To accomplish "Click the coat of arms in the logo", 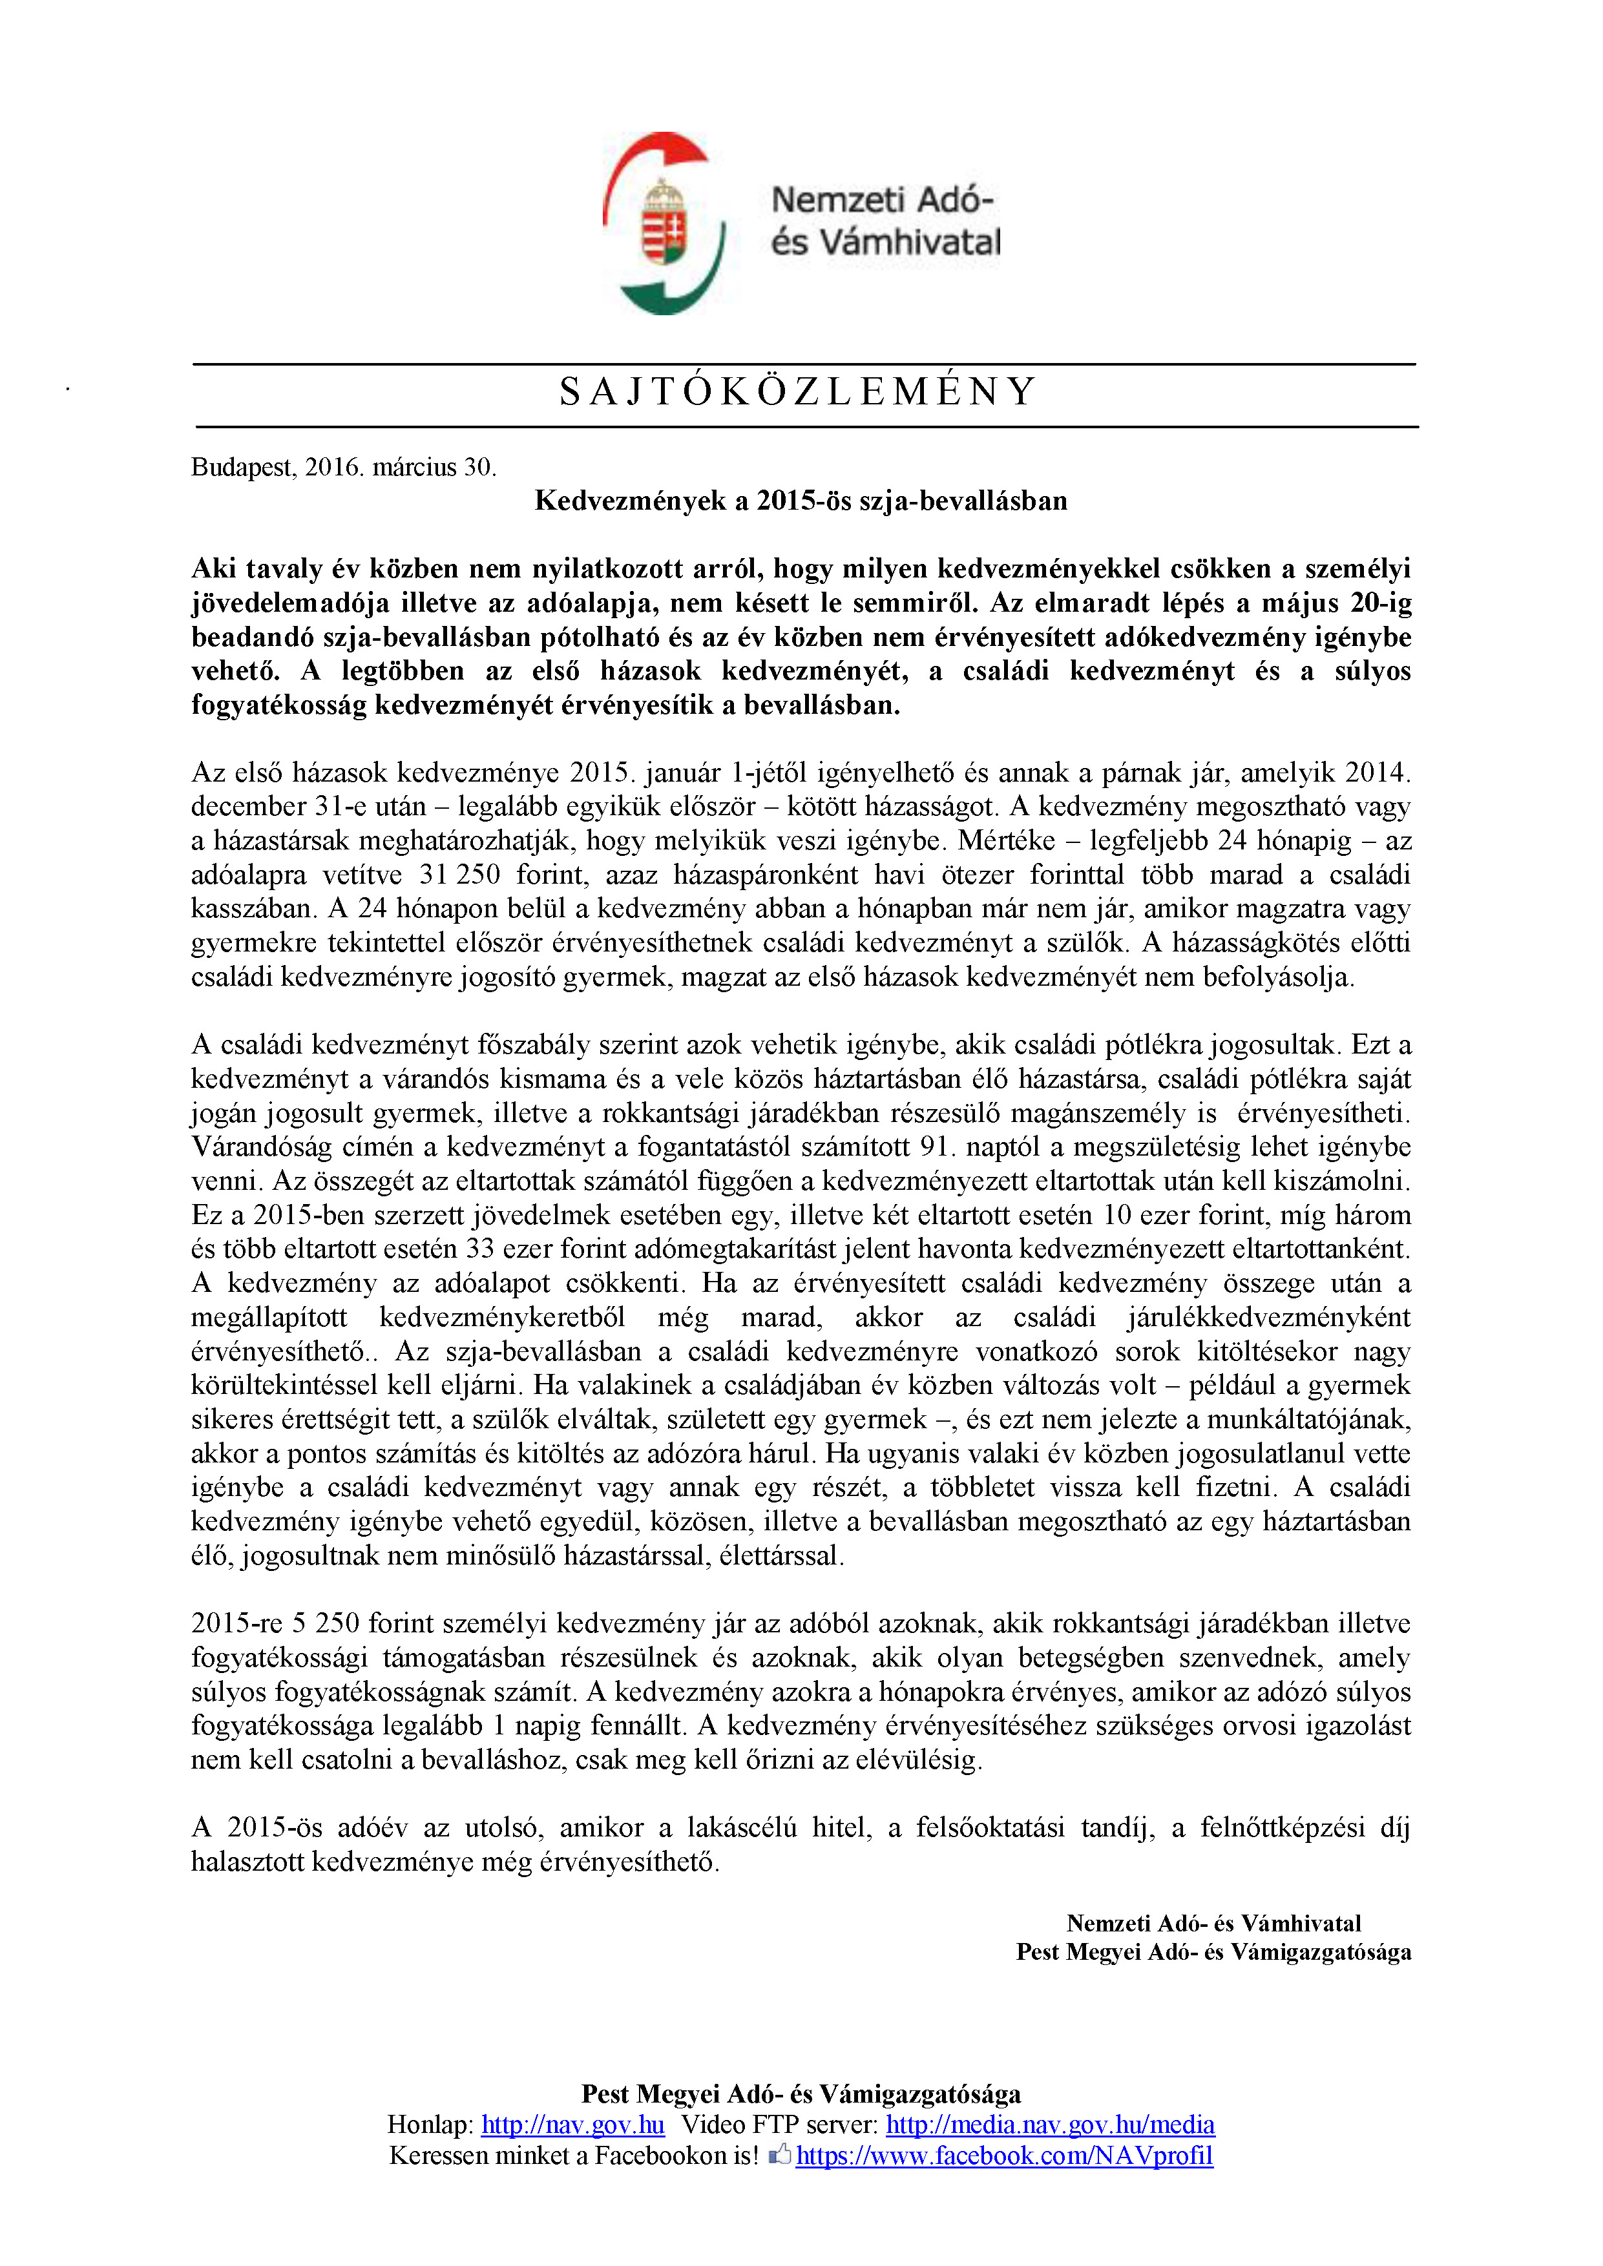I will pyautogui.click(x=664, y=222).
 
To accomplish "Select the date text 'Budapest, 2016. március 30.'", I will pyautogui.click(x=344, y=467).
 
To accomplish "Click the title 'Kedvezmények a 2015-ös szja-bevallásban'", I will pyautogui.click(x=801, y=501).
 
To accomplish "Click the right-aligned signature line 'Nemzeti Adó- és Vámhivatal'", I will pyautogui.click(x=1213, y=1924).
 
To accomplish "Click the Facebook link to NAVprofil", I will pyautogui.click(x=1004, y=2156).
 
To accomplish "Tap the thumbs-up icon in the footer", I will pyautogui.click(x=780, y=2154).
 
